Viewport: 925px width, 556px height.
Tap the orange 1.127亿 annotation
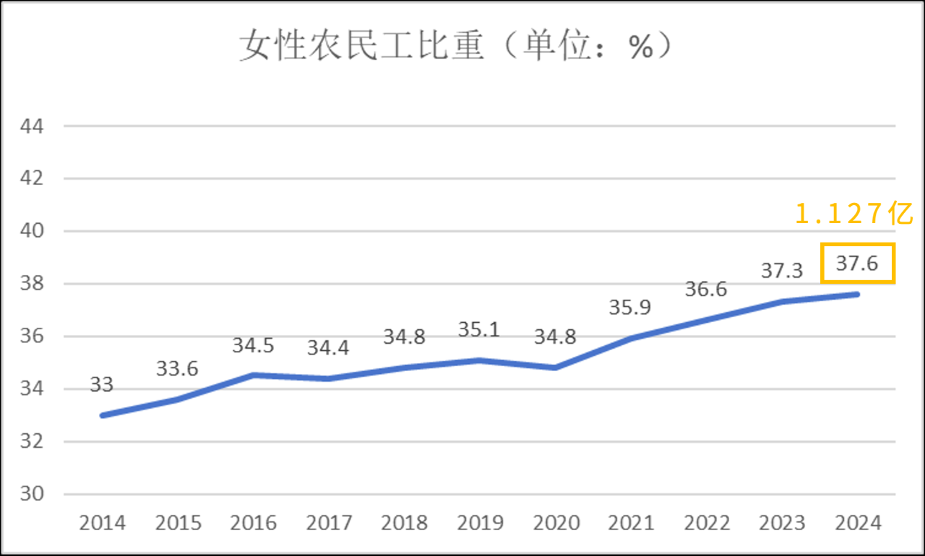(x=855, y=214)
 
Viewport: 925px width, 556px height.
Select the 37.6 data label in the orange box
(x=857, y=264)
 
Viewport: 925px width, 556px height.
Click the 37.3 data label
(x=782, y=271)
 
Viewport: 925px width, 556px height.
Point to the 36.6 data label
(x=706, y=289)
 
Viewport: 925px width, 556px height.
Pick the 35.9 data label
(x=630, y=307)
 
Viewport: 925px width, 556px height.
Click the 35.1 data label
(x=479, y=329)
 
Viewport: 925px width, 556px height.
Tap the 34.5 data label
(x=253, y=345)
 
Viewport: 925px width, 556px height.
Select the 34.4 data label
(x=328, y=348)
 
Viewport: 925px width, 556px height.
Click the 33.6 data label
(x=177, y=368)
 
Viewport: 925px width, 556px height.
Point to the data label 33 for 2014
(x=102, y=385)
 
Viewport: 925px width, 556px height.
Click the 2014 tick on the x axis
(x=102, y=523)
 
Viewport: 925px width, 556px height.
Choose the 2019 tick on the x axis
(x=479, y=523)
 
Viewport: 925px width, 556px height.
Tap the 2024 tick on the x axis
(x=857, y=523)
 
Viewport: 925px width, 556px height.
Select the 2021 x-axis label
(x=630, y=523)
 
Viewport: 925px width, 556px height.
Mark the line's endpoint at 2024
(x=857, y=294)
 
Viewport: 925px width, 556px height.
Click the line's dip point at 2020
(x=555, y=368)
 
